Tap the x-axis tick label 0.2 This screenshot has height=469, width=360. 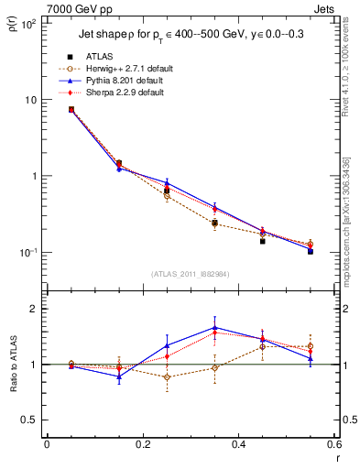pyautogui.click(x=143, y=443)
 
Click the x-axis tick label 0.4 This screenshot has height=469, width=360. pyautogui.click(x=238, y=443)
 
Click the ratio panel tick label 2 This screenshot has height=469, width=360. pyautogui.click(x=35, y=309)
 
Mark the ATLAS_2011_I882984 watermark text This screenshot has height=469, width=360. pyautogui.click(x=191, y=274)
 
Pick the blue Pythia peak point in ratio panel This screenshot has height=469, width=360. pyautogui.click(x=214, y=327)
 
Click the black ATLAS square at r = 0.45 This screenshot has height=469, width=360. pyautogui.click(x=262, y=241)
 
